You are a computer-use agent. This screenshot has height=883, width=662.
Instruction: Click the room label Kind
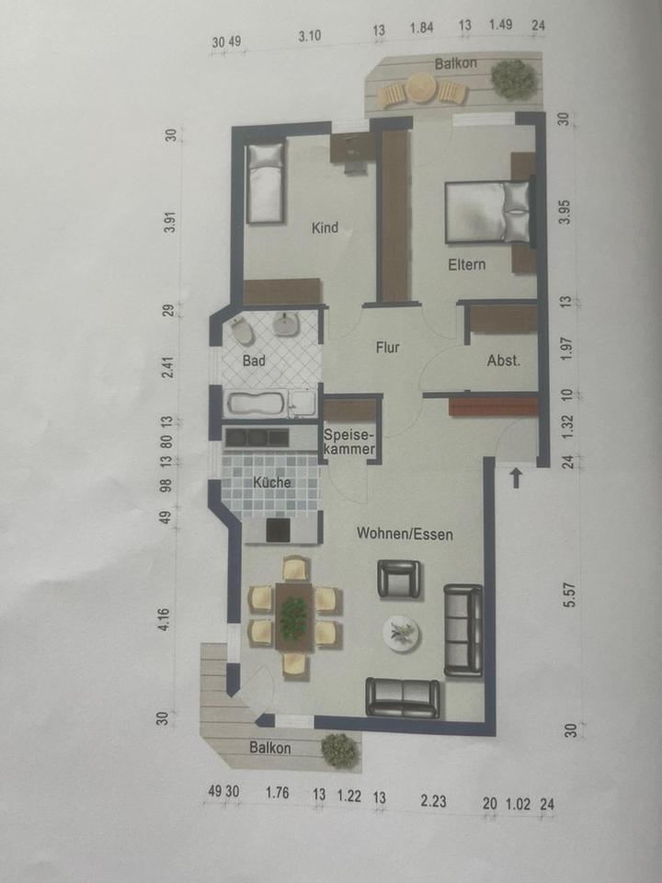click(x=325, y=228)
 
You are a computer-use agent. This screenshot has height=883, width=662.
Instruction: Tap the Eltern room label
click(x=467, y=265)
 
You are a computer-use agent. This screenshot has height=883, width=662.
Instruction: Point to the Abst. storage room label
click(x=503, y=361)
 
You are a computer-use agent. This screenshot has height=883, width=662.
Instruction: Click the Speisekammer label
click(x=348, y=441)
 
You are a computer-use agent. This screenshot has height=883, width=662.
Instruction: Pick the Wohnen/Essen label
click(x=405, y=533)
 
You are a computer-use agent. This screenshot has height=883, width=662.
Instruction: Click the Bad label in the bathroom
click(x=254, y=361)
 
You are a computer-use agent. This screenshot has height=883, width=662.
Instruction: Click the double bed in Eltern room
click(x=487, y=212)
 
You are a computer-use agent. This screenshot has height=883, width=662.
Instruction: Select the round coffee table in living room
click(x=401, y=632)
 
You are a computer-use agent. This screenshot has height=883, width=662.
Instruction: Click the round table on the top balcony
click(x=422, y=87)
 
